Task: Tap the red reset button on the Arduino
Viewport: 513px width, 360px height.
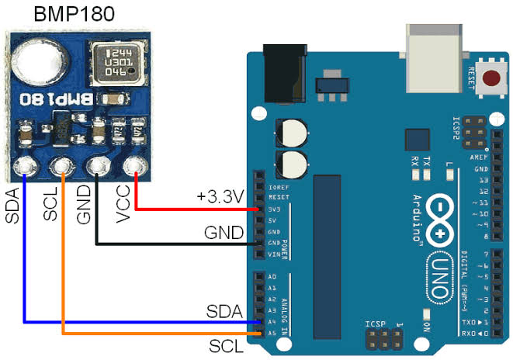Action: coord(490,78)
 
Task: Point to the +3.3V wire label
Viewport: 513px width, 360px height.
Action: coord(220,196)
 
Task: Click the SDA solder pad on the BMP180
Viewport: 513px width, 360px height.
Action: coord(25,166)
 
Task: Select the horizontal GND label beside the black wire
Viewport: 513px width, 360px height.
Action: coord(224,232)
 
